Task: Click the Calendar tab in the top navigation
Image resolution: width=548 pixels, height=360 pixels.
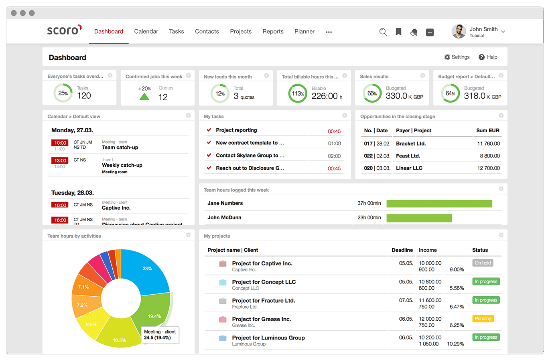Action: (146, 32)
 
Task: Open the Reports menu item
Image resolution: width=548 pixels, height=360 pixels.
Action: (273, 32)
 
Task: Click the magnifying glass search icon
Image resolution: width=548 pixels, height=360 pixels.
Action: (383, 32)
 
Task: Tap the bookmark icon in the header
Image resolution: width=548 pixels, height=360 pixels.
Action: (398, 32)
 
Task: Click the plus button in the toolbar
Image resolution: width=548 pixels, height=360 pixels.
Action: (430, 32)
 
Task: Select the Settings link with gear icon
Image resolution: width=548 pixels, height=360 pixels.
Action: (457, 57)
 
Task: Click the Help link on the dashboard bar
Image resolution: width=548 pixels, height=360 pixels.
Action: (488, 57)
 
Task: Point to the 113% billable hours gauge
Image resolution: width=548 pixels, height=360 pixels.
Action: (298, 94)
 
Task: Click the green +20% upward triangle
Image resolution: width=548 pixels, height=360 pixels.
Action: (144, 97)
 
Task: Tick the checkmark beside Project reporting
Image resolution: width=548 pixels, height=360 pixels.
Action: (209, 130)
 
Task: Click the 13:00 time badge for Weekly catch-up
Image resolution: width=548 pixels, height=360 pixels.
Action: (60, 160)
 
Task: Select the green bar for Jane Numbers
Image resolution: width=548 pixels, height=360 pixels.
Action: (439, 204)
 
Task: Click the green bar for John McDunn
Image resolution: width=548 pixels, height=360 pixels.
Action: (419, 218)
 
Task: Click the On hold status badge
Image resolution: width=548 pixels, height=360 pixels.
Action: (483, 263)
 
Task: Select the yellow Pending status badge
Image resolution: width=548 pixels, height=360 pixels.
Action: (483, 319)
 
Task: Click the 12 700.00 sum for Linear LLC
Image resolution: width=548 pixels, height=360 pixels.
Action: (488, 168)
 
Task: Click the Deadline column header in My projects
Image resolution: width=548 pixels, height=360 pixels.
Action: (402, 250)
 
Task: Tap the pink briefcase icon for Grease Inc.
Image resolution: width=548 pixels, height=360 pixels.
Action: (223, 320)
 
